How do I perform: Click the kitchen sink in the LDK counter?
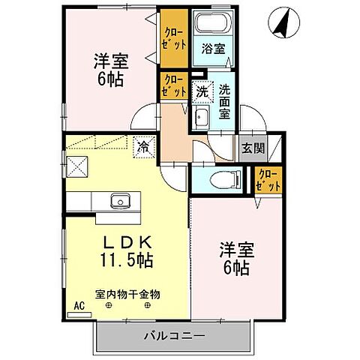pos(120,201)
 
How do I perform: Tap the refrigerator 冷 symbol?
pos(142,147)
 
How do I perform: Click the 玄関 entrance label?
pos(253,148)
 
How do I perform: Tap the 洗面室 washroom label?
pos(224,101)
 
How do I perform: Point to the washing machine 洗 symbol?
pos(202,92)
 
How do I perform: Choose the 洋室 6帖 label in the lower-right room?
pos(236,256)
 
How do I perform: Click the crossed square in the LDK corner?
pos(76,166)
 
